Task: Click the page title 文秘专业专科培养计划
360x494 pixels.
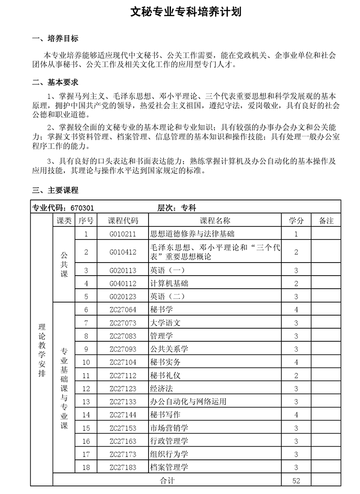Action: (x=180, y=12)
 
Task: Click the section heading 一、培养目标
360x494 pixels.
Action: (x=55, y=39)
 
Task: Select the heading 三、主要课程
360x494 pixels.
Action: (x=55, y=190)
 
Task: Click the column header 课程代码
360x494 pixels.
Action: (x=123, y=221)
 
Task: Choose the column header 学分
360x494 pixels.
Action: (x=296, y=221)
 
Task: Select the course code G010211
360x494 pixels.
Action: (x=123, y=234)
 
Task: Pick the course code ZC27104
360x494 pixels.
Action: (x=123, y=362)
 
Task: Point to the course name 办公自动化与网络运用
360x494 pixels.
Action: (x=188, y=401)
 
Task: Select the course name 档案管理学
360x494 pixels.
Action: (x=169, y=467)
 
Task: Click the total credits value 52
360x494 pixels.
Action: (x=296, y=480)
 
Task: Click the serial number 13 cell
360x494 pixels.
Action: (x=86, y=401)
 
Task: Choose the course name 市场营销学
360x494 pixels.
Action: (x=169, y=428)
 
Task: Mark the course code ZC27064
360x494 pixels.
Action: (x=123, y=309)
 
